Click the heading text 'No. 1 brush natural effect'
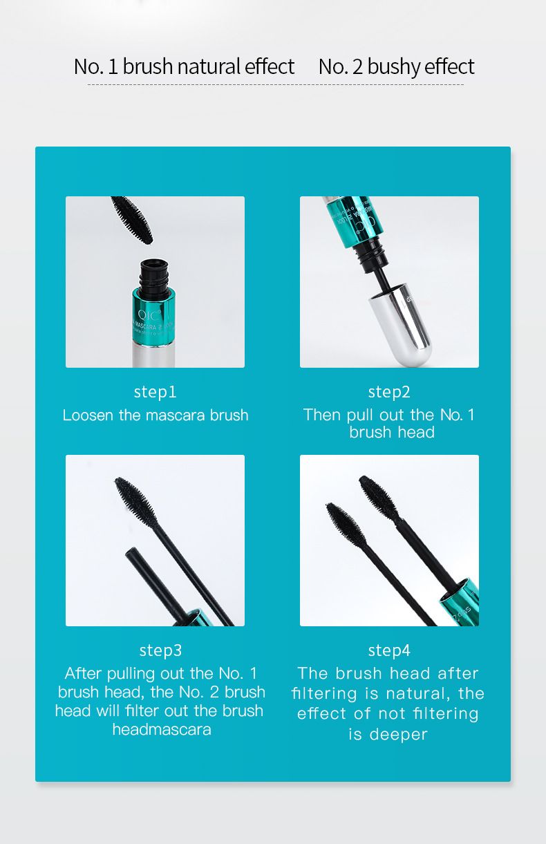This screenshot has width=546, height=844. pyautogui.click(x=184, y=66)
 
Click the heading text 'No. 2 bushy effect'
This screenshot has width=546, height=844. pyautogui.click(x=396, y=66)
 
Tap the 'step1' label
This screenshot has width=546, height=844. pyautogui.click(x=155, y=392)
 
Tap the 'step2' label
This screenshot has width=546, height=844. pyautogui.click(x=389, y=392)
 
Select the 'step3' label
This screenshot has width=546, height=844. pyautogui.click(x=160, y=650)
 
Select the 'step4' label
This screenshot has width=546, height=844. pyautogui.click(x=389, y=650)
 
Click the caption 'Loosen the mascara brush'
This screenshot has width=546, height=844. pyautogui.click(x=156, y=415)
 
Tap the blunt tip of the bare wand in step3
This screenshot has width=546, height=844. pyautogui.click(x=131, y=552)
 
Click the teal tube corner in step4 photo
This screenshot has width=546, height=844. pyautogui.click(x=460, y=601)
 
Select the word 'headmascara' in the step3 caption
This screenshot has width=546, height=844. pyautogui.click(x=162, y=730)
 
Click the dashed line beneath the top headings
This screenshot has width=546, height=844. pyautogui.click(x=275, y=85)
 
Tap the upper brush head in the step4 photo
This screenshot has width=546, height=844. pyautogui.click(x=379, y=496)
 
